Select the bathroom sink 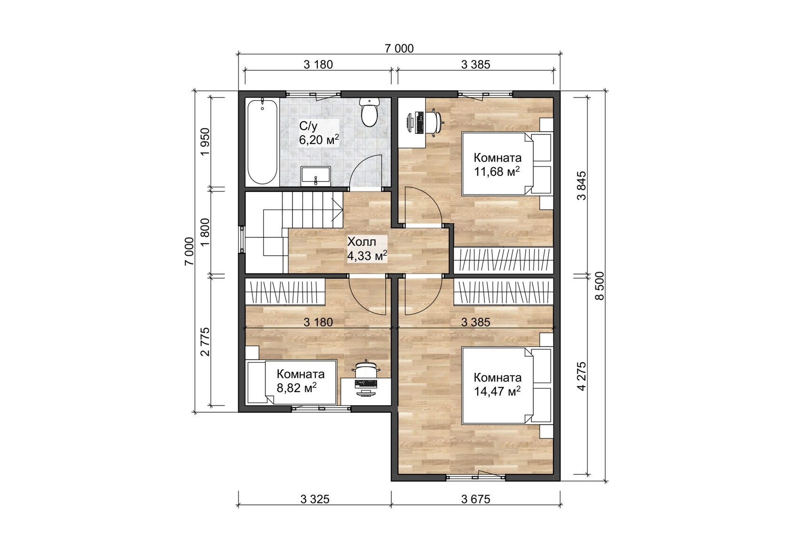pos(316,175)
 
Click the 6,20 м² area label pos(319,140)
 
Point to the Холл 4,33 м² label pos(367,249)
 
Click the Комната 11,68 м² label pos(497,165)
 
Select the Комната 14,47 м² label pos(497,384)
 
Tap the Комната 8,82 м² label pos(300,381)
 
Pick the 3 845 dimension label pos(582,186)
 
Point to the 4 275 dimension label pos(582,376)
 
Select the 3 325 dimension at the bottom pos(315,499)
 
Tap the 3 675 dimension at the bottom pos(475,499)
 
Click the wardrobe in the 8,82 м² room pos(285,292)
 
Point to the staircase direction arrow pos(337,207)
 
